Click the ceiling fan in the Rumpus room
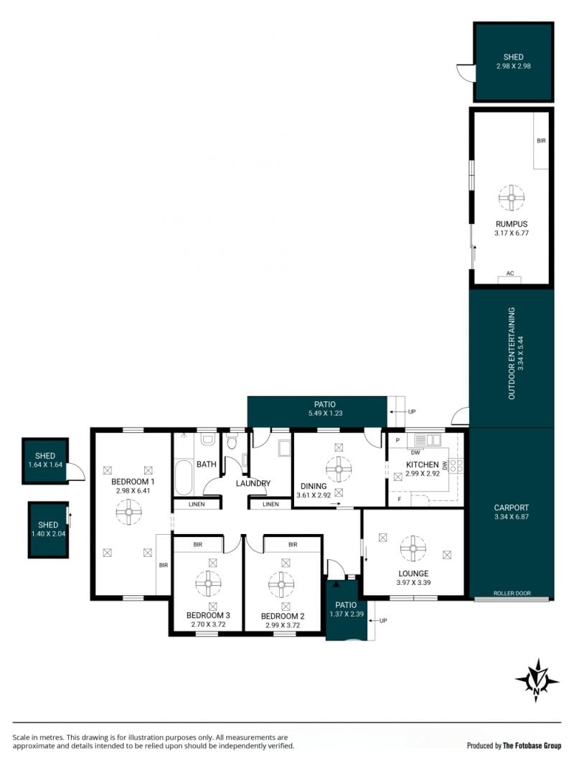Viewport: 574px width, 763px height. (x=512, y=197)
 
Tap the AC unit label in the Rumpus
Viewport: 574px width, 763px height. (x=510, y=273)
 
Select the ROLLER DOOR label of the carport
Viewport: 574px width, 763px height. (x=512, y=593)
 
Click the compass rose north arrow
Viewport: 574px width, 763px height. (x=537, y=680)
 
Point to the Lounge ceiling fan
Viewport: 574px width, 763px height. (x=413, y=548)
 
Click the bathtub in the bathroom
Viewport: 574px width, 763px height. (x=184, y=477)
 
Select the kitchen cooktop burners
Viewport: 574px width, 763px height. (x=456, y=466)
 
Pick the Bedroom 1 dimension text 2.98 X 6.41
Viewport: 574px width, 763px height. (x=133, y=490)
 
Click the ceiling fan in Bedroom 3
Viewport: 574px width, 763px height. (x=208, y=583)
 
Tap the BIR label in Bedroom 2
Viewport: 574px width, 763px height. (x=292, y=545)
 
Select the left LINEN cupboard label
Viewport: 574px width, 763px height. (x=197, y=504)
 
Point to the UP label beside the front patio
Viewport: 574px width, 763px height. (x=383, y=620)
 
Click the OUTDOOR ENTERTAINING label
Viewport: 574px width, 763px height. (x=512, y=353)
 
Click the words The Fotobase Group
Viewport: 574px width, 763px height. (x=532, y=746)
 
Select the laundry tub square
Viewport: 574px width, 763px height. (x=283, y=448)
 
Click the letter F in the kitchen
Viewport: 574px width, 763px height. (x=400, y=500)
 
